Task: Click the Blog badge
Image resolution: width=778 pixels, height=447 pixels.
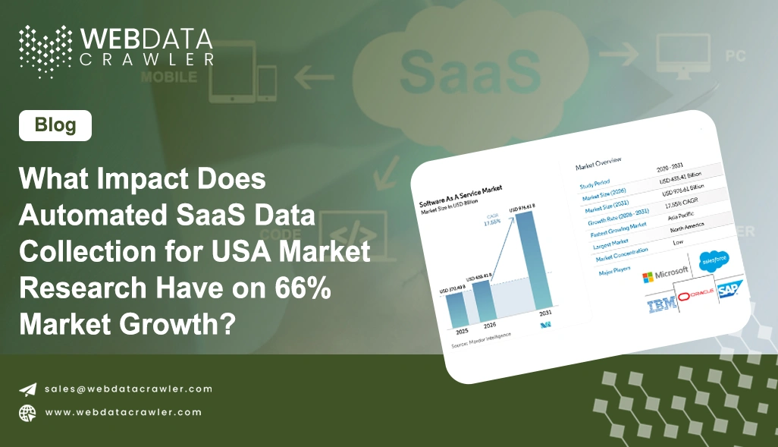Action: [x=55, y=125]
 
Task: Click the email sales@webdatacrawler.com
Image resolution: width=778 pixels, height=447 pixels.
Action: [x=128, y=389]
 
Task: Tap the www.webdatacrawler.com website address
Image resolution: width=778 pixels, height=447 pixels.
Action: [x=123, y=412]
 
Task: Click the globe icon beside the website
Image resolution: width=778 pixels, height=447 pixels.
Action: [x=27, y=412]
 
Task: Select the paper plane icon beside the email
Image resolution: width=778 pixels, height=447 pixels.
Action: [x=27, y=389]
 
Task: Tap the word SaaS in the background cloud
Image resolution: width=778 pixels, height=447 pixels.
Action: [x=448, y=70]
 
